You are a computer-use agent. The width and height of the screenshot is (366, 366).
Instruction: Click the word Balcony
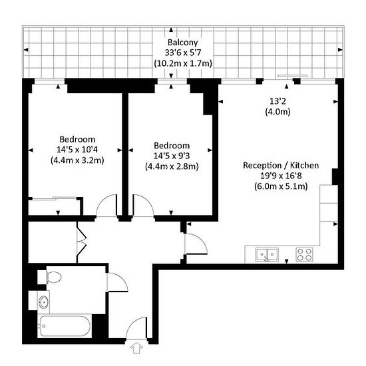pyautogui.click(x=182, y=43)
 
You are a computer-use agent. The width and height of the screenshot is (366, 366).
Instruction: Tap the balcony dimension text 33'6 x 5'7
pyautogui.click(x=183, y=53)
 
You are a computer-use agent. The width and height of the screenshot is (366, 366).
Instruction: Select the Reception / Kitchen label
pyautogui.click(x=281, y=166)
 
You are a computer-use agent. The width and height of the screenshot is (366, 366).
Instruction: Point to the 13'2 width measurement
pyautogui.click(x=277, y=101)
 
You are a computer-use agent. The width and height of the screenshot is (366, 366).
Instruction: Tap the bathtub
pyautogui.click(x=65, y=326)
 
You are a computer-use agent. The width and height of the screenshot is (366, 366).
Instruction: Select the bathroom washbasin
pyautogui.click(x=44, y=302)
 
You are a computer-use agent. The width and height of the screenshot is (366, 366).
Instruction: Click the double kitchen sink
pyautogui.click(x=267, y=254)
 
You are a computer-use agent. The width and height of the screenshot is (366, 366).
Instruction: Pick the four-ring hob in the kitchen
pyautogui.click(x=305, y=254)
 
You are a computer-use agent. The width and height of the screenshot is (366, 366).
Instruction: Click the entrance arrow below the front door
pyautogui.click(x=136, y=349)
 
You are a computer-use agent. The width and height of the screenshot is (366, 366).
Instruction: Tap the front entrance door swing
pyautogui.click(x=136, y=328)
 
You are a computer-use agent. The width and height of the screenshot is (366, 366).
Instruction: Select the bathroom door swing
pyautogui.click(x=117, y=282)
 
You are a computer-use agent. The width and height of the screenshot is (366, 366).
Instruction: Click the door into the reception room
pyautogui.click(x=196, y=244)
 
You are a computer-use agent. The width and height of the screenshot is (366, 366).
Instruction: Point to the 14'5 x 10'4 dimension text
pyautogui.click(x=77, y=150)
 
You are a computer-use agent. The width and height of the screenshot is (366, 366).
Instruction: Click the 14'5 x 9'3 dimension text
pyautogui.click(x=172, y=156)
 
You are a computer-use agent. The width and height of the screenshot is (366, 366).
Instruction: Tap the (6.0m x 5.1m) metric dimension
pyautogui.click(x=281, y=186)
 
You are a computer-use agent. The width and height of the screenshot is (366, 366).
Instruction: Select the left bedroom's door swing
pyautogui.click(x=106, y=205)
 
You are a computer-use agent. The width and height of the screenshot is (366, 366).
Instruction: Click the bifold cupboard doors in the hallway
pyautogui.click(x=81, y=242)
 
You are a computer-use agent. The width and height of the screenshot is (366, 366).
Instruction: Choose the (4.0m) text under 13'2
pyautogui.click(x=277, y=112)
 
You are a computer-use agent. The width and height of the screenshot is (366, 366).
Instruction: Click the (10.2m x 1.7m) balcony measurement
pyautogui.click(x=183, y=63)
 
